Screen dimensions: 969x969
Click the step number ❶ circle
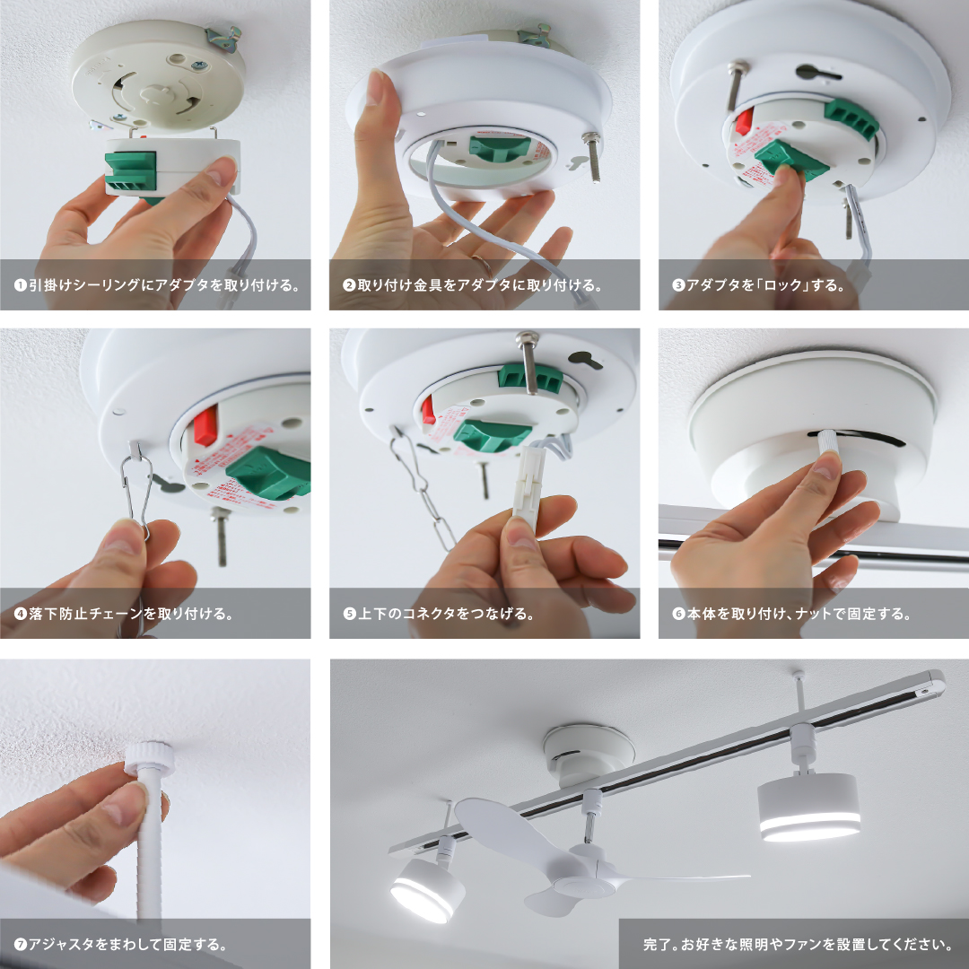click(x=21, y=285)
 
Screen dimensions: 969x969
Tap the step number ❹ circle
click(x=21, y=614)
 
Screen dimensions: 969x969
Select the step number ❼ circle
click(x=21, y=944)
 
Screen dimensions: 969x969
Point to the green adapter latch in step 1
click(x=130, y=171)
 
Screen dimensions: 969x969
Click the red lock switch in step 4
click(x=205, y=425)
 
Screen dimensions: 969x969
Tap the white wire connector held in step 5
click(x=528, y=487)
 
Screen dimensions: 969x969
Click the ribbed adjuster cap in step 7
click(x=150, y=759)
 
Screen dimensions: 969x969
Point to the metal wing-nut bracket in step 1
click(x=223, y=39)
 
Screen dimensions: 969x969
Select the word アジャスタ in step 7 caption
click(x=61, y=944)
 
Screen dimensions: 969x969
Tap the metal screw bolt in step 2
click(x=593, y=156)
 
